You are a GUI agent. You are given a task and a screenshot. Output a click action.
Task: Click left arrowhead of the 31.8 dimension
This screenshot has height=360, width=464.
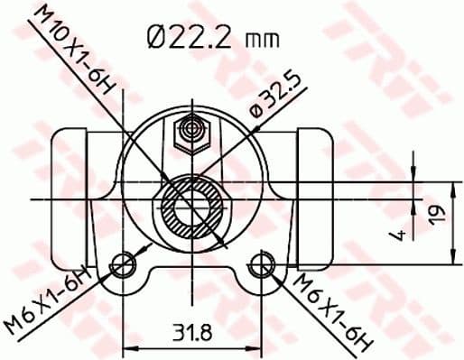point(125,346)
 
